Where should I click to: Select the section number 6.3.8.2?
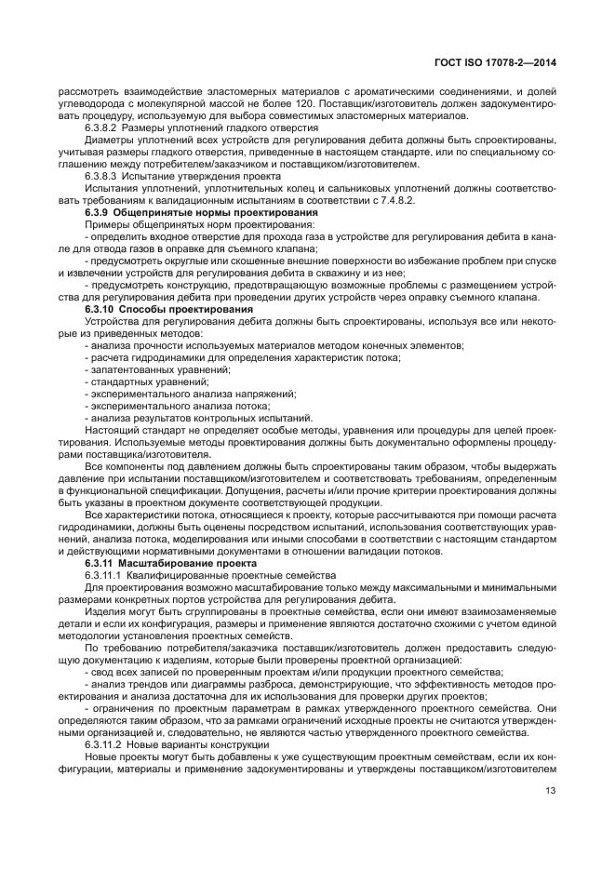102,127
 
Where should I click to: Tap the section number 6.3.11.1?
105,576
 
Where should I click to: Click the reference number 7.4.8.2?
404,200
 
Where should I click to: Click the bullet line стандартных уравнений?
146,381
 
